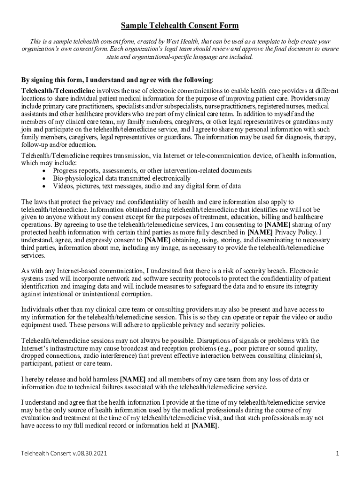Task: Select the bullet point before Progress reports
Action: [x=44, y=171]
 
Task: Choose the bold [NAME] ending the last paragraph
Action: [x=204, y=426]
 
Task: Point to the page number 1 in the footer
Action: [x=337, y=454]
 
